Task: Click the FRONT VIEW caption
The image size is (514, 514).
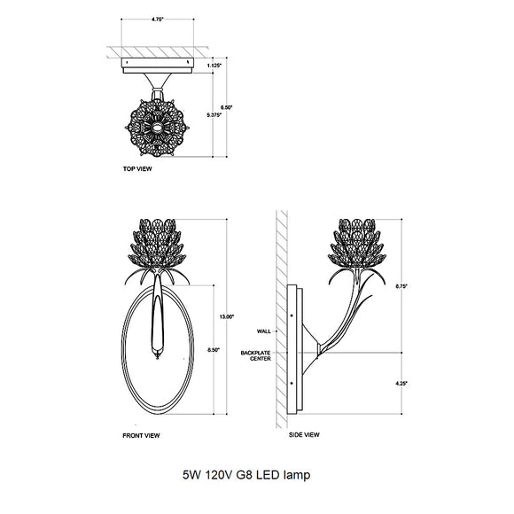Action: pyautogui.click(x=141, y=436)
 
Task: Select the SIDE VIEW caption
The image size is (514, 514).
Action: pyautogui.click(x=304, y=435)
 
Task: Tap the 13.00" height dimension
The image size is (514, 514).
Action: pyautogui.click(x=227, y=316)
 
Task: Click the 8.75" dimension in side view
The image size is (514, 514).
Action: pyautogui.click(x=400, y=286)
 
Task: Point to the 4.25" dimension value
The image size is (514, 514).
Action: pyautogui.click(x=400, y=383)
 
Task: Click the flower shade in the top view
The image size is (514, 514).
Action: pyautogui.click(x=157, y=129)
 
